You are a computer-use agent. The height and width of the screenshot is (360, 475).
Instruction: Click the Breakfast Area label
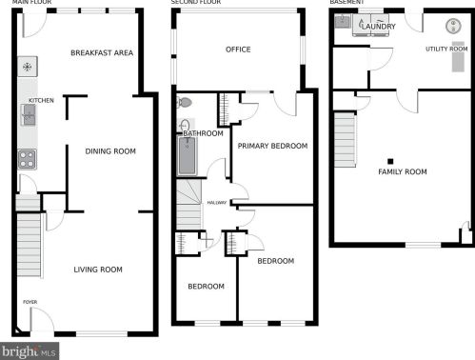102,52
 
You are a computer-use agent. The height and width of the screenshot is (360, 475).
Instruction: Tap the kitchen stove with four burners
27,159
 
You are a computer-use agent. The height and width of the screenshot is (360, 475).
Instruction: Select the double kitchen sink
29,115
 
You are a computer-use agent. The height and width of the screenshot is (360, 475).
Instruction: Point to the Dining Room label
110,151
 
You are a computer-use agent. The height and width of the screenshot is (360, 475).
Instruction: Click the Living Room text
98,270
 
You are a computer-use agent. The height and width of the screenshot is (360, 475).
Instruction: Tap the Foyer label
30,302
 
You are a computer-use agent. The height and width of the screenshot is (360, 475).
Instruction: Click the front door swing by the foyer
42,319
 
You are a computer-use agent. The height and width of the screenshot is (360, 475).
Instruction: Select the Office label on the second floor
238,50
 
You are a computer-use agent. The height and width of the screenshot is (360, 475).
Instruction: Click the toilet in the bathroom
185,103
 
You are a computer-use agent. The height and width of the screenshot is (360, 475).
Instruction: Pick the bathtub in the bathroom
187,156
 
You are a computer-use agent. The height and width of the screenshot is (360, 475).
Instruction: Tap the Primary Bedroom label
272,146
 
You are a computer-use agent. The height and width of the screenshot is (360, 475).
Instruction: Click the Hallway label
217,203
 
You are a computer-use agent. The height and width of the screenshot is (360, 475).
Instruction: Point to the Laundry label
379,27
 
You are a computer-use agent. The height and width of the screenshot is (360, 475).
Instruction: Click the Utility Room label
446,49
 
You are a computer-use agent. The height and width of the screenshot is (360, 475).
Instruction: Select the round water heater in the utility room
453,26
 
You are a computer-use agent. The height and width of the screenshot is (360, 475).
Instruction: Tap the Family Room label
403,171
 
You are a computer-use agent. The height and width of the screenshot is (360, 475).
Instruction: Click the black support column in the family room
390,161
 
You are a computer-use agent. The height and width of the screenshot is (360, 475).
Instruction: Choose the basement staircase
345,139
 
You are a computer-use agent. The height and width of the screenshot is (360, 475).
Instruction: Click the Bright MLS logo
30,351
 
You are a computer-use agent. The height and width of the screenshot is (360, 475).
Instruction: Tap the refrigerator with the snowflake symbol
28,67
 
